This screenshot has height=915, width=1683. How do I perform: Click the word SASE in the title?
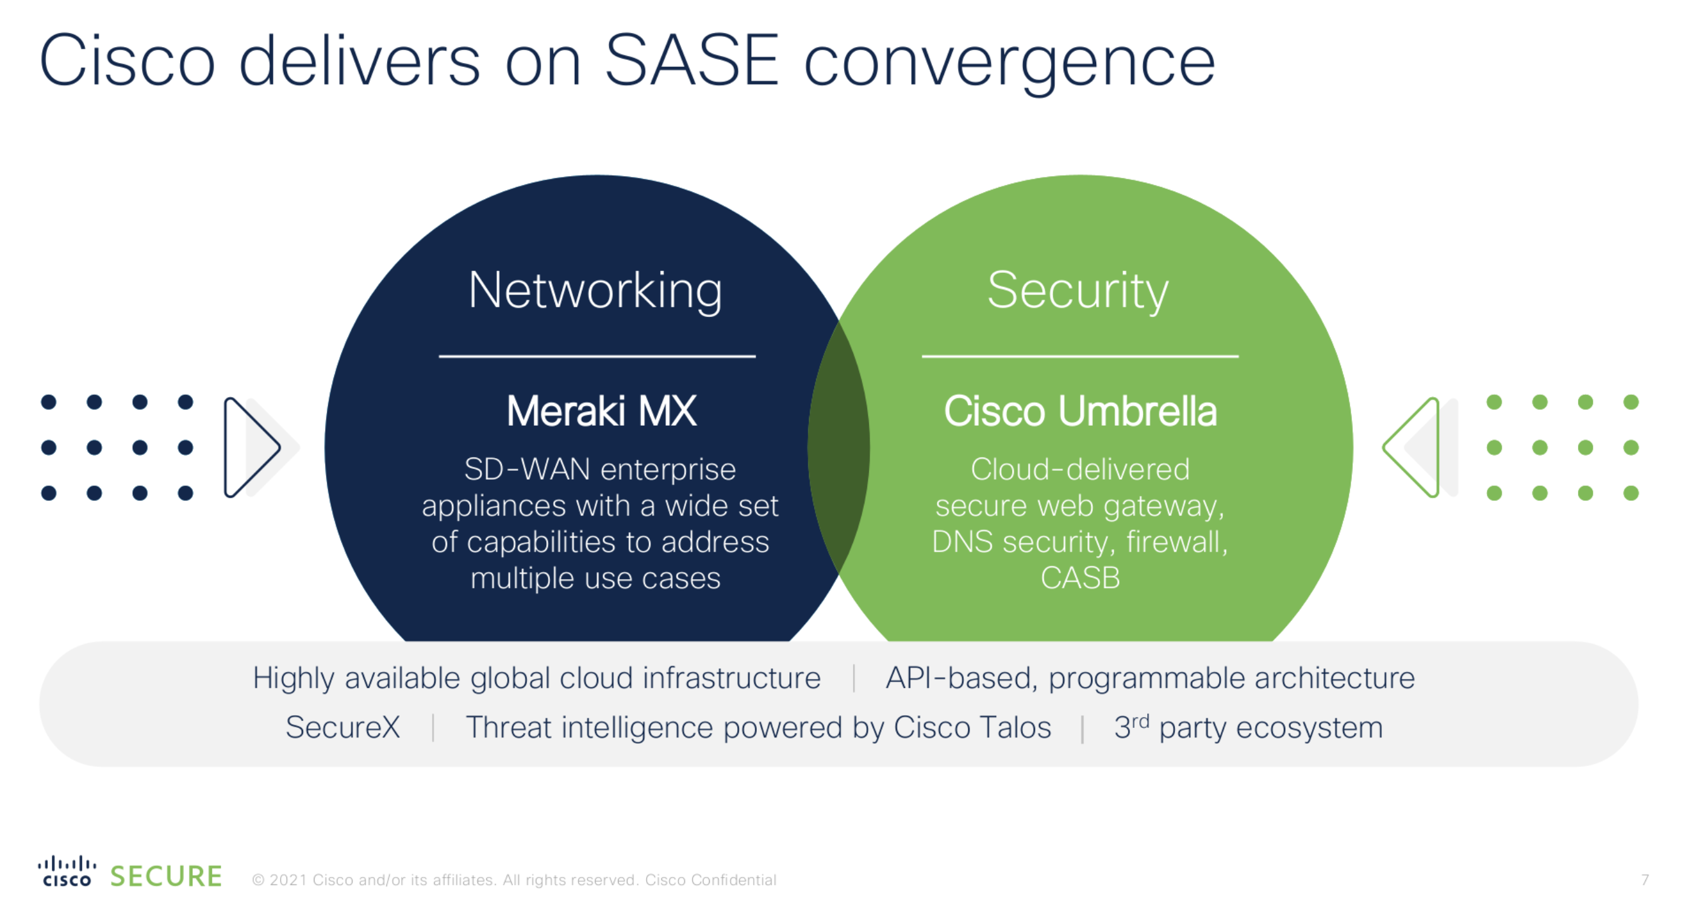pos(692,60)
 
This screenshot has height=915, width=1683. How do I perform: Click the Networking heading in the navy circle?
pos(595,292)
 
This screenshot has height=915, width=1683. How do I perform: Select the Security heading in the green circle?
pos(1078,292)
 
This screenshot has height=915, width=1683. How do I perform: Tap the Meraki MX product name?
pos(601,412)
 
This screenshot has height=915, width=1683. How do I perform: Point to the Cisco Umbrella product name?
pos(1080,412)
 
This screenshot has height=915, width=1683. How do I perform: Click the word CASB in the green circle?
pos(1080,578)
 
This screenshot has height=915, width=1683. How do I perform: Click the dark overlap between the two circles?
pos(839,447)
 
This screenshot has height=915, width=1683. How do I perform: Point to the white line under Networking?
pos(597,356)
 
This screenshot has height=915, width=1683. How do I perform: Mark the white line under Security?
pos(1080,356)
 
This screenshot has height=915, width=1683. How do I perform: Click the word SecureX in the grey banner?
pos(343,727)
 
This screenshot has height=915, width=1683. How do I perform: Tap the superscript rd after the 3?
pos(1140,721)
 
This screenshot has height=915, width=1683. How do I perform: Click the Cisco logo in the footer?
pos(67,871)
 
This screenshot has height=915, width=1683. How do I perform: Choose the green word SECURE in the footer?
pos(166,876)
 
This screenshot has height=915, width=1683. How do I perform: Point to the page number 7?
pos(1644,880)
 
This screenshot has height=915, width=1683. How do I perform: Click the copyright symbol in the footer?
pos(258,881)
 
